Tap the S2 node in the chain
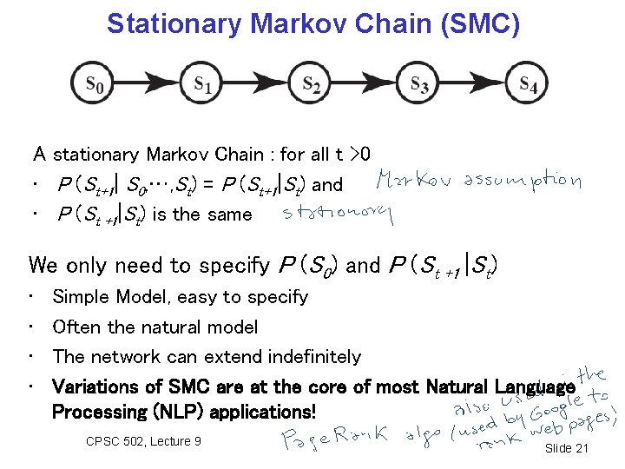311,84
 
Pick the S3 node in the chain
418,84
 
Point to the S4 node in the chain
527,84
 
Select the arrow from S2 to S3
365,84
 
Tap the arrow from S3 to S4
473,84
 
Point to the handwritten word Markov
413,182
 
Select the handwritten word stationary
338,214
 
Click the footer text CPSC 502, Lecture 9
144,441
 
